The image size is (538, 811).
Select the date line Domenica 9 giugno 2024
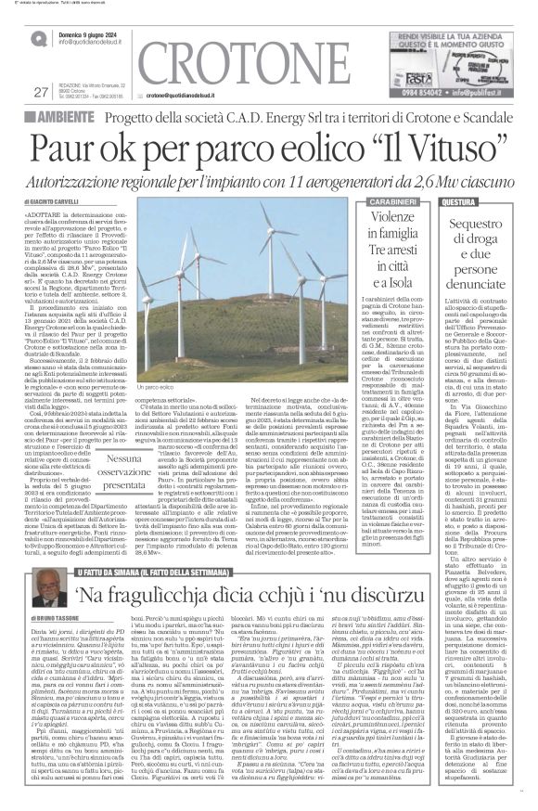tap(94, 32)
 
